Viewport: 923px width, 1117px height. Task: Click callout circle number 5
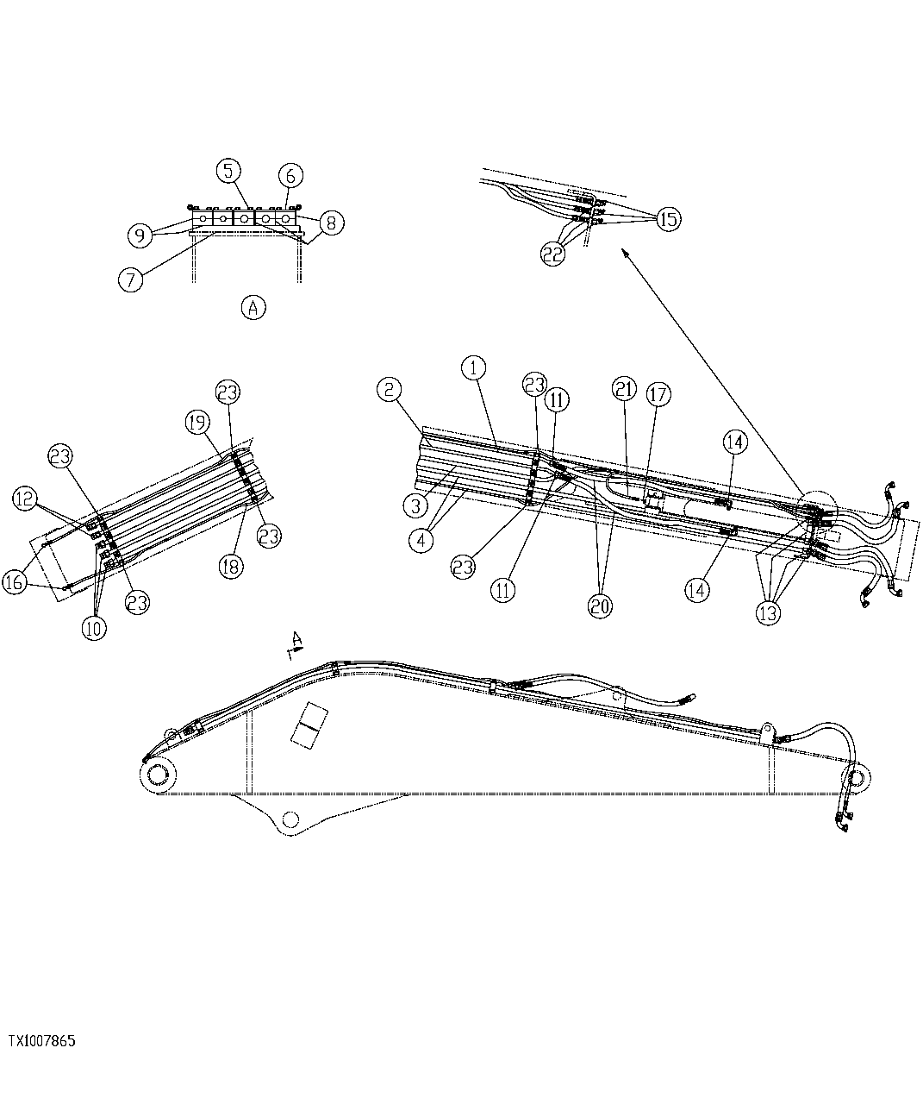pos(228,171)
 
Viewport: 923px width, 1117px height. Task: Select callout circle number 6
pos(290,176)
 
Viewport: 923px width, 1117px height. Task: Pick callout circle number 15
pos(668,219)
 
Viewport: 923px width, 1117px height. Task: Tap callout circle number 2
pos(390,390)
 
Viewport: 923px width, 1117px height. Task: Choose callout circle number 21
pos(626,389)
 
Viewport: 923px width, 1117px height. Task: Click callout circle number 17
pos(658,395)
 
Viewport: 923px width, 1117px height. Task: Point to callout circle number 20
pos(600,606)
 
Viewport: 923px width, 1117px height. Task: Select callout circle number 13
pos(768,613)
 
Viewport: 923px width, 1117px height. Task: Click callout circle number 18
pos(231,566)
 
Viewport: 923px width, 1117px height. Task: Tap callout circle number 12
pos(25,498)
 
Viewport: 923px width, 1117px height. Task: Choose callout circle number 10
pos(94,628)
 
